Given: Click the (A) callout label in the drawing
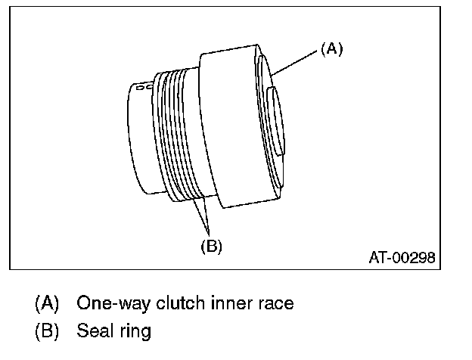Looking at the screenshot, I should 331,48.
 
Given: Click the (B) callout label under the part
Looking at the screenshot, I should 210,245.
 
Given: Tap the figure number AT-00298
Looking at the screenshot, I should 402,258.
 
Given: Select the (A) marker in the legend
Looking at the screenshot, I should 46,303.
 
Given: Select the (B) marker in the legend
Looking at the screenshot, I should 46,331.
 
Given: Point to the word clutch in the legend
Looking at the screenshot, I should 174,303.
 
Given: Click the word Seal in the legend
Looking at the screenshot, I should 93,331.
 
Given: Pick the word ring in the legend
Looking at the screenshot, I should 136,331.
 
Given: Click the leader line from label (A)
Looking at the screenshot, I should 295,61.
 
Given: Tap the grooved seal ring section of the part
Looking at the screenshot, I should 178,136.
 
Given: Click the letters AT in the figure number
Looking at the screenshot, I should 377,258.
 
